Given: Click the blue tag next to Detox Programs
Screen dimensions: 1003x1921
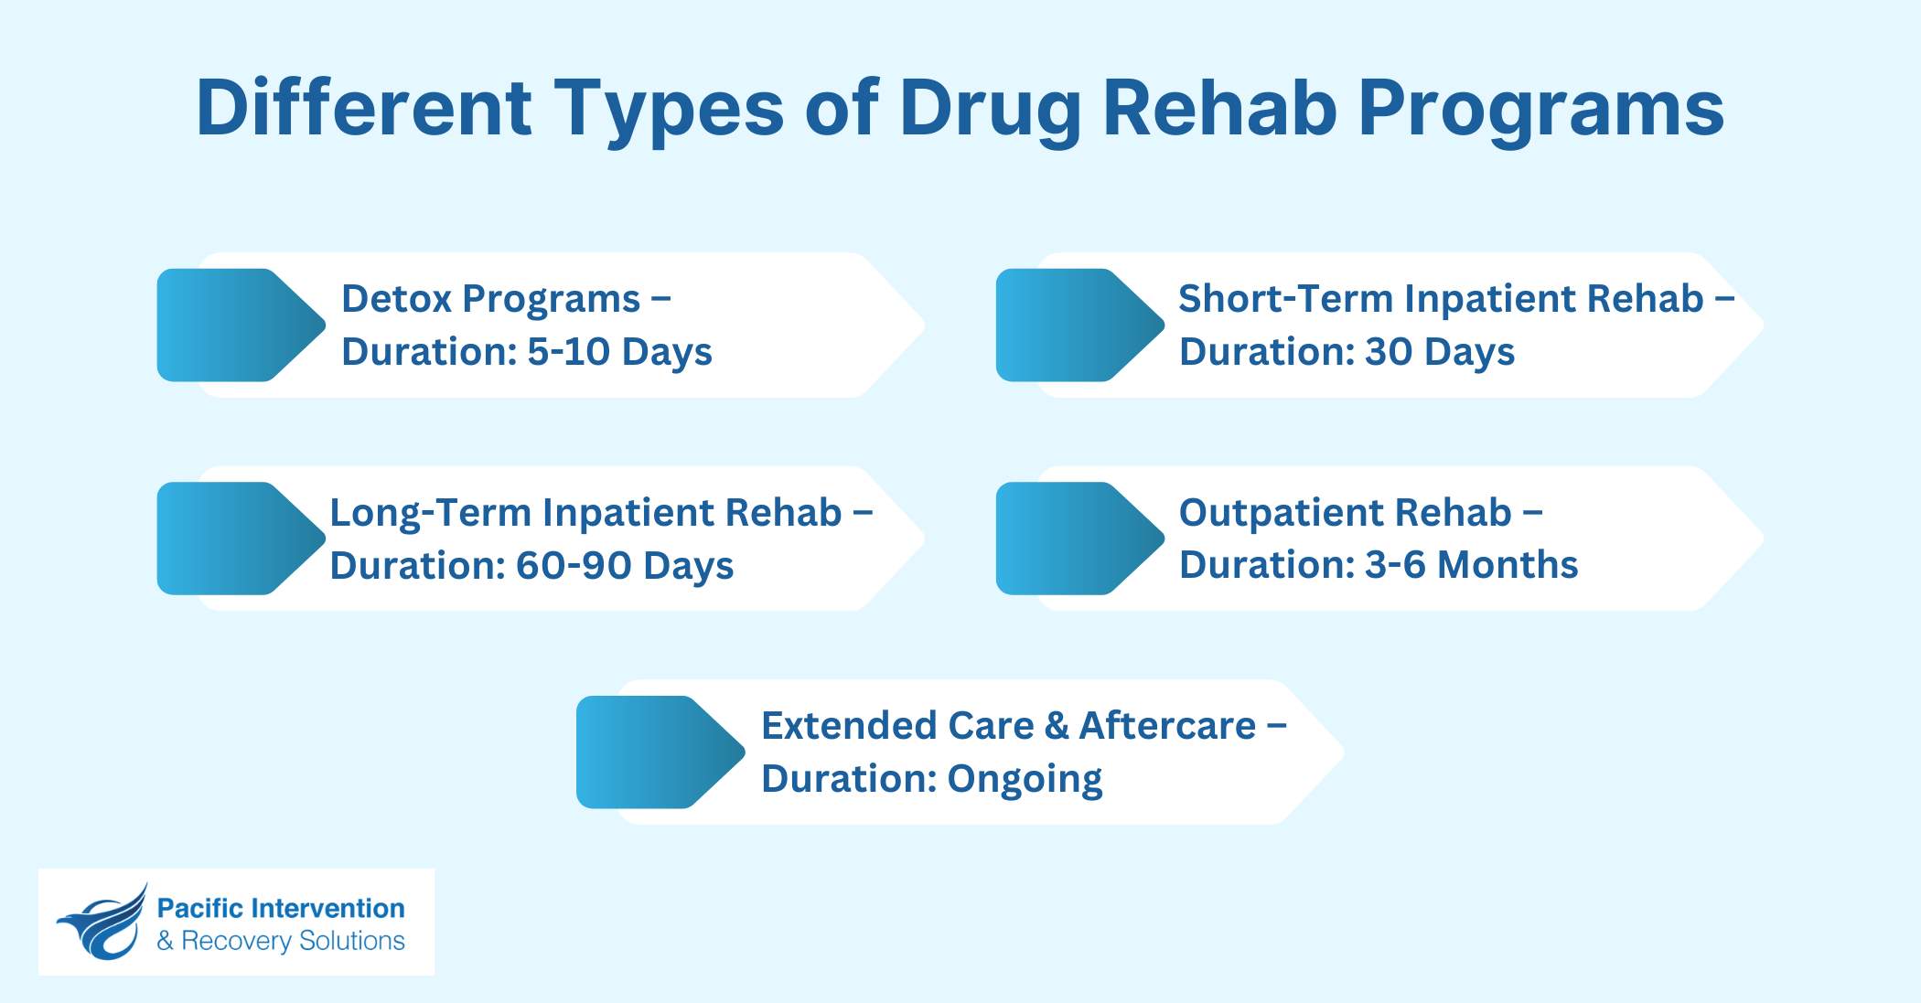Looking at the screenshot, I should coord(233,325).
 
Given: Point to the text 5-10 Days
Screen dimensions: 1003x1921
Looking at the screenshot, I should coord(619,352).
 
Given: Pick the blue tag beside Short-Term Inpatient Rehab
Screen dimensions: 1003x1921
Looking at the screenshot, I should coord(1072,325).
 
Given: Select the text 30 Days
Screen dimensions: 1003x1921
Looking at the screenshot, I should coord(1439,352).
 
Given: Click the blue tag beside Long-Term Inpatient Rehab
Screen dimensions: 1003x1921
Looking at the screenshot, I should coord(233,539).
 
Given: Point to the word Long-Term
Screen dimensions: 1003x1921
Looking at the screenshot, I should coord(430,513).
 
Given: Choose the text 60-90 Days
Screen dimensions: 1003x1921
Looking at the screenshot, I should coord(624,566).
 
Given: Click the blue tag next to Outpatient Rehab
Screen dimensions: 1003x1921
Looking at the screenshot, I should coord(1072,539).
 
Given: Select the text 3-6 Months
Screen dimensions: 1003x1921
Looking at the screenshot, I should coord(1471,565).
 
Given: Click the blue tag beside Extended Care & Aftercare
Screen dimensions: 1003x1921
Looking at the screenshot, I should coord(653,752).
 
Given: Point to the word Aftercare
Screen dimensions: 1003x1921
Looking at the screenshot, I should coord(1167,726).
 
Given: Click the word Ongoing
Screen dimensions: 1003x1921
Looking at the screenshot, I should coord(1025,779).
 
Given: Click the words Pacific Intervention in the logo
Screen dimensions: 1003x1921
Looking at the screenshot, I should coord(281,908).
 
